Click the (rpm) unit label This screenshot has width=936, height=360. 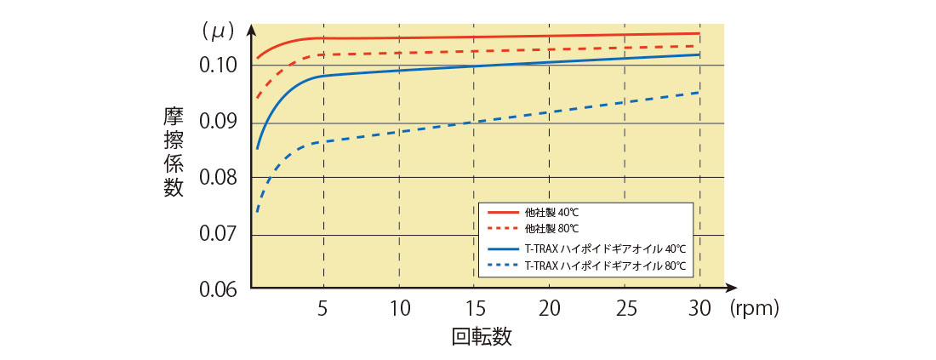(x=754, y=308)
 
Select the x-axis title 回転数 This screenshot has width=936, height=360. (x=482, y=337)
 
